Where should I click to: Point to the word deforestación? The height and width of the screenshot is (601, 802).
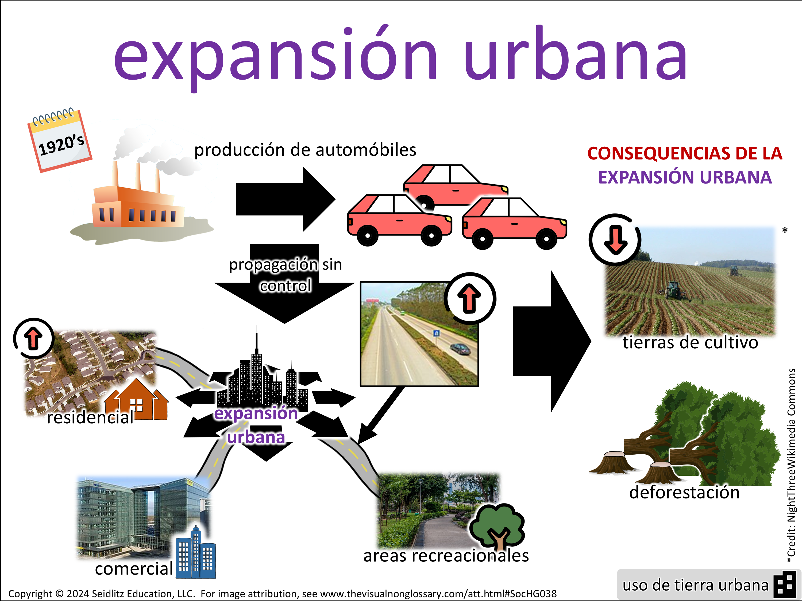684,493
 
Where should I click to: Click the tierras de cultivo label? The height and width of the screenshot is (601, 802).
690,343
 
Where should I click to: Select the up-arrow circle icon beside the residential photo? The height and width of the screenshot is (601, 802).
34,338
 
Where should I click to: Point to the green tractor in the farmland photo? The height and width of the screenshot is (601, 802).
673,290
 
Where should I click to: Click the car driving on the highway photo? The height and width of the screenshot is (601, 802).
459,349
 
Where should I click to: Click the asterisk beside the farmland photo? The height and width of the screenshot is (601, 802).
785,231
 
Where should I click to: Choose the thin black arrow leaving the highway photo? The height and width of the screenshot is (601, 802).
380,415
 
